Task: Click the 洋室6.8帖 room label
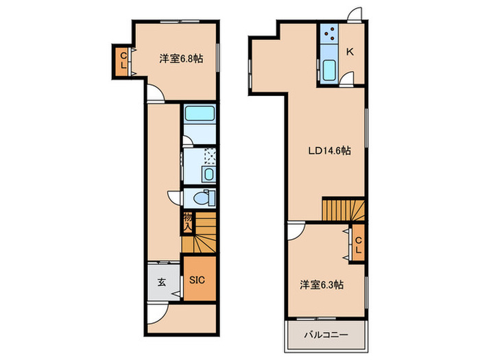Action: [x=180, y=59]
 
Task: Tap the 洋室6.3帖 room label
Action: [x=321, y=283]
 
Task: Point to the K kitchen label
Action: [x=350, y=51]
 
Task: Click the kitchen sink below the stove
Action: [x=328, y=70]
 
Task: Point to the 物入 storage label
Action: [x=187, y=221]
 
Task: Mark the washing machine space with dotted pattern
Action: [x=209, y=158]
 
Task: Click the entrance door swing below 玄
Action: [x=158, y=310]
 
